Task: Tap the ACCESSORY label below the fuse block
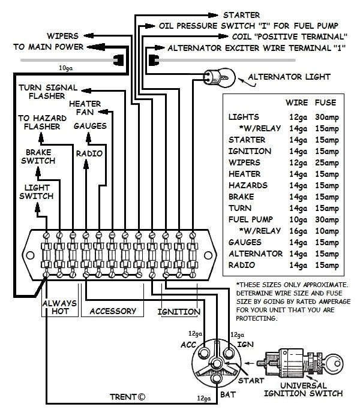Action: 113,311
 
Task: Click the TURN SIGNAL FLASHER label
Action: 47,91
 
